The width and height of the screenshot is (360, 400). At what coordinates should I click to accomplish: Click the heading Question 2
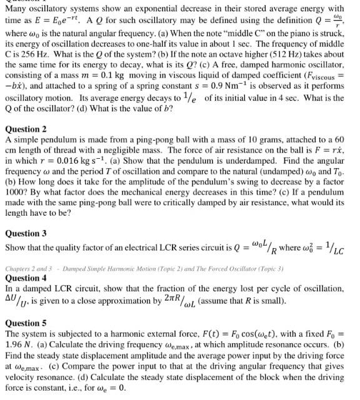tap(26, 129)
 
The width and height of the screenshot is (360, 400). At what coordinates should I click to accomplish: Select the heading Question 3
tap(26, 234)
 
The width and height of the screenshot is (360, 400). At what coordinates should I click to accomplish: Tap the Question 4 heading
tap(26, 277)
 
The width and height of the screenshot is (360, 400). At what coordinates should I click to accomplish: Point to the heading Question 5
tap(26, 324)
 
